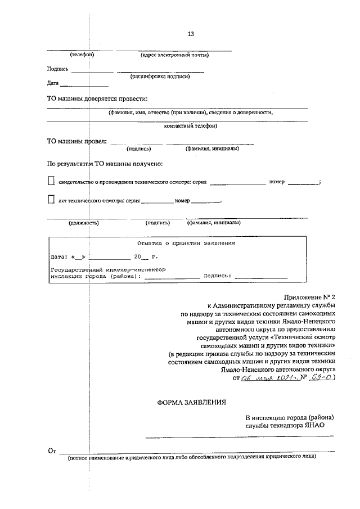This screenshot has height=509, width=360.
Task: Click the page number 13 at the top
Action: click(x=191, y=34)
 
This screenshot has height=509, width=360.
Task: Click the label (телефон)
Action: click(x=82, y=55)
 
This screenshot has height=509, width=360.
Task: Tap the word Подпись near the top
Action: click(x=58, y=69)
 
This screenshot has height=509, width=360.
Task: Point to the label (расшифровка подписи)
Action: click(x=160, y=76)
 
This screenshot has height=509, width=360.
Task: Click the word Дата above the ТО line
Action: click(x=53, y=83)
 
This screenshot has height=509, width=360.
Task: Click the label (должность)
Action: click(x=84, y=223)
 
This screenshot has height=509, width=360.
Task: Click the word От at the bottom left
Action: click(x=52, y=451)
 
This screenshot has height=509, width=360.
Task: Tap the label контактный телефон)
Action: click(x=190, y=126)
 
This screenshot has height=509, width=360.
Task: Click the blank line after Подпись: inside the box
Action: click(x=260, y=276)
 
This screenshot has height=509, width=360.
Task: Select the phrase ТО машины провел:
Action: click(x=76, y=141)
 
